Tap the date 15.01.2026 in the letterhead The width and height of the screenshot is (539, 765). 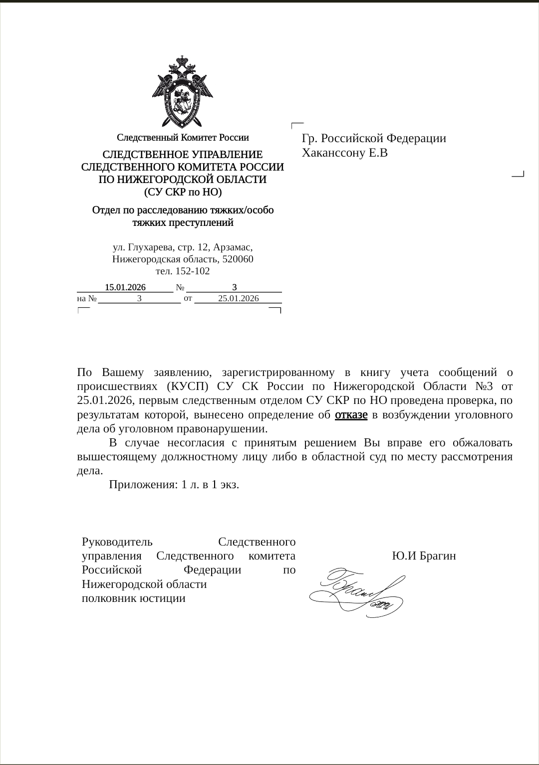125,287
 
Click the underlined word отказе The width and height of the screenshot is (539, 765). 351,415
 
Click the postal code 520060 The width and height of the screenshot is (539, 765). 238,259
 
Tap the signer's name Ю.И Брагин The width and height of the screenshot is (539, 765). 424,556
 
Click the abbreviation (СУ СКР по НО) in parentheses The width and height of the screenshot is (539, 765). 183,192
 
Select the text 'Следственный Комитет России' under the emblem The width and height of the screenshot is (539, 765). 183,137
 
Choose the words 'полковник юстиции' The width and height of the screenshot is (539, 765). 134,598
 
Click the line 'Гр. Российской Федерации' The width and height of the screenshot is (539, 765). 374,139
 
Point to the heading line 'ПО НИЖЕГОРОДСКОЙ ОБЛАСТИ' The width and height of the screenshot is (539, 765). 183,180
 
